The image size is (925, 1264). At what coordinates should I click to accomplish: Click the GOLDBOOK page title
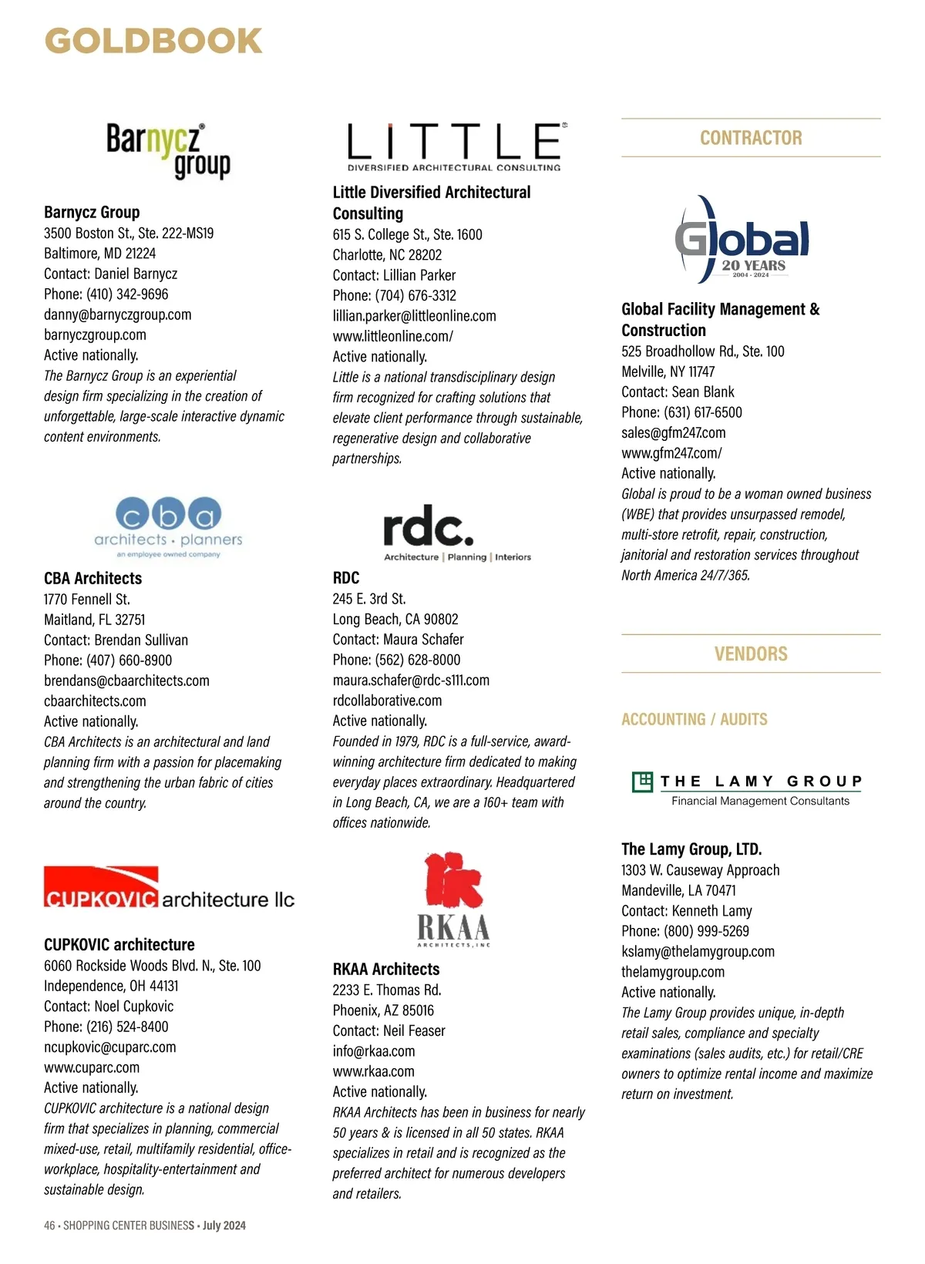pyautogui.click(x=153, y=42)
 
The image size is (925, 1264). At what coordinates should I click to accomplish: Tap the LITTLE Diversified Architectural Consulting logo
pyautogui.click(x=456, y=146)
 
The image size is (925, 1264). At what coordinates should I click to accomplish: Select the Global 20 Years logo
pyautogui.click(x=742, y=240)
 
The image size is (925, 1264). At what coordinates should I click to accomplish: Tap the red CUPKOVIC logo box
pyautogui.click(x=101, y=888)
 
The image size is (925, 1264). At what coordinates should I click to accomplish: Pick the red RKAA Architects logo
pyautogui.click(x=453, y=899)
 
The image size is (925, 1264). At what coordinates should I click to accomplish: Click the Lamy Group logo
pyautogui.click(x=746, y=789)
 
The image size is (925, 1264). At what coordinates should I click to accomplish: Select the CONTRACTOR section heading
pyautogui.click(x=751, y=138)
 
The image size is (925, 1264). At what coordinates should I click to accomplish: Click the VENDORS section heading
pyautogui.click(x=751, y=654)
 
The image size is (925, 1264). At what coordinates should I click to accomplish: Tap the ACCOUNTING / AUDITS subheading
pyautogui.click(x=695, y=719)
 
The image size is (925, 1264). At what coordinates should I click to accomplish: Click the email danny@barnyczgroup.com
pyautogui.click(x=118, y=314)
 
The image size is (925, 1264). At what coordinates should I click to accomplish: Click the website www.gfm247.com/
pyautogui.click(x=671, y=453)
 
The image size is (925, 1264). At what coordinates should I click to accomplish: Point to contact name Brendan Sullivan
pyautogui.click(x=141, y=640)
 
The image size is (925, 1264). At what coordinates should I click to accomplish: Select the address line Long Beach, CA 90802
pyautogui.click(x=395, y=619)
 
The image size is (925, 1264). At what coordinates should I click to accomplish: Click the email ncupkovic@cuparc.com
pyautogui.click(x=110, y=1047)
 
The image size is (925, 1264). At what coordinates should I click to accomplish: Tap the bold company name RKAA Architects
pyautogui.click(x=386, y=970)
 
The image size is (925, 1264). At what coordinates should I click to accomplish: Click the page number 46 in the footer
pyautogui.click(x=49, y=1225)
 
